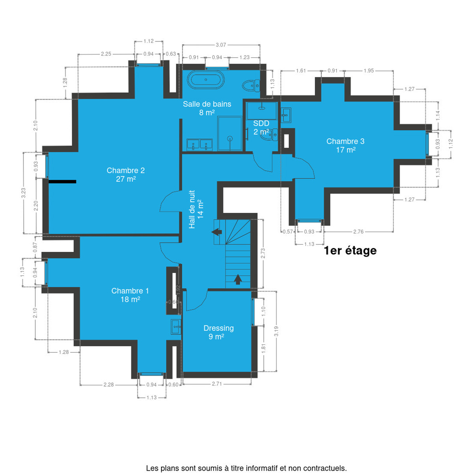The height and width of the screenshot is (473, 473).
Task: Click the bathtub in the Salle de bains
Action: pyautogui.click(x=205, y=80)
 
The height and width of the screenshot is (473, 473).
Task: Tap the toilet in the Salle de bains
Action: pyautogui.click(x=251, y=86)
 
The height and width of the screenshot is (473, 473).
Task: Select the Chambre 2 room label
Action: pyautogui.click(x=126, y=175)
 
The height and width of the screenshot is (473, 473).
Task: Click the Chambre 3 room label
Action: pyautogui.click(x=345, y=145)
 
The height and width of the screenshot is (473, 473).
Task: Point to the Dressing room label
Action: pyautogui.click(x=218, y=332)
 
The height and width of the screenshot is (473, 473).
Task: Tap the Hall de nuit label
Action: pyautogui.click(x=196, y=209)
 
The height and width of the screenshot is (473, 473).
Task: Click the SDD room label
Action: pyautogui.click(x=261, y=127)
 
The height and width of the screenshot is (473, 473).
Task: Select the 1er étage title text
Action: pyautogui.click(x=350, y=250)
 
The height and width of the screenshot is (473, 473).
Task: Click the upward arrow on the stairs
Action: pyautogui.click(x=238, y=279)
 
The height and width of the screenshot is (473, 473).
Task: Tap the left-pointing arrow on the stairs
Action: pyautogui.click(x=217, y=232)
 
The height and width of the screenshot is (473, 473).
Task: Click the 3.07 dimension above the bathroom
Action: pyautogui.click(x=221, y=45)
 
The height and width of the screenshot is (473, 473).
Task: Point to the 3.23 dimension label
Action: pyautogui.click(x=23, y=193)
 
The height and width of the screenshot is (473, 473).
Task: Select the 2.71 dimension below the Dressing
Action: pyautogui.click(x=217, y=384)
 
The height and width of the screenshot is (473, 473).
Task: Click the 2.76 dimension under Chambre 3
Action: pyautogui.click(x=358, y=231)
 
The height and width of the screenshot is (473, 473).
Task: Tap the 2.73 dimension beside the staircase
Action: pyautogui.click(x=263, y=253)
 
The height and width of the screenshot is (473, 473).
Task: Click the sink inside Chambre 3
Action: pyautogui.click(x=286, y=115)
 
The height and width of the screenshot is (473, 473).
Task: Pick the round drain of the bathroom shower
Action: pyautogui.click(x=230, y=138)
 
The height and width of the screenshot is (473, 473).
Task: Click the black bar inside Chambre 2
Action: pyautogui.click(x=62, y=182)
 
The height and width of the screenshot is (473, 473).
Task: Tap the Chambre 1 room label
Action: pyautogui.click(x=130, y=295)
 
